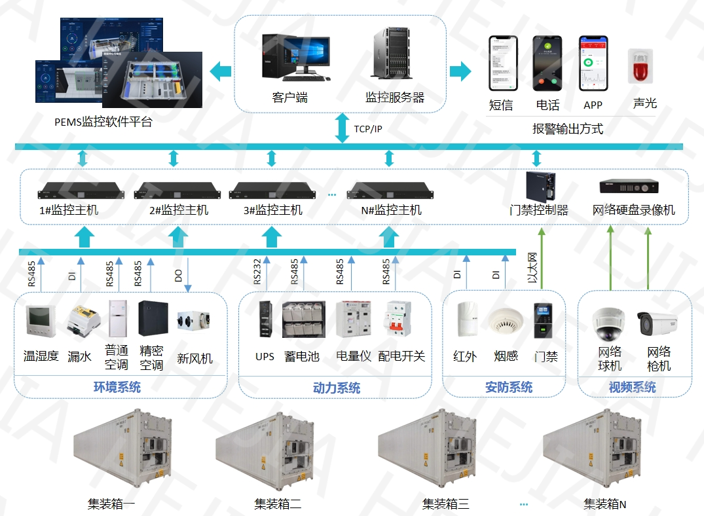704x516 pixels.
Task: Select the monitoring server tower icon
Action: coord(395,55)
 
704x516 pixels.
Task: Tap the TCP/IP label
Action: coord(368,129)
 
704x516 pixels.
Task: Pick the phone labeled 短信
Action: coord(502,64)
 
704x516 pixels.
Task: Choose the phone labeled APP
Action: coord(593,64)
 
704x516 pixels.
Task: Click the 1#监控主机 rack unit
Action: coord(81,193)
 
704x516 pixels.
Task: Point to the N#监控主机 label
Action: coord(392,210)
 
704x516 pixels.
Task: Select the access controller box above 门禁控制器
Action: coord(541,186)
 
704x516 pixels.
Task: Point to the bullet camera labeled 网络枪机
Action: coord(656,322)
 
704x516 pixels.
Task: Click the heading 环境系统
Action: coord(117,387)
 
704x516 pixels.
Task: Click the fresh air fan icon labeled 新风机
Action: coord(194,322)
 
